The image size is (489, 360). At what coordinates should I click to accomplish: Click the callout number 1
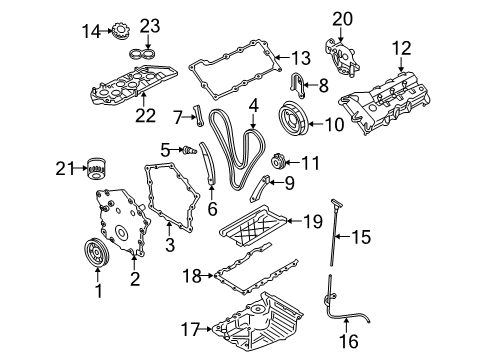tap(98, 292)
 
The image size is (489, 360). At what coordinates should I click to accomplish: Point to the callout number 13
tap(301, 56)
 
